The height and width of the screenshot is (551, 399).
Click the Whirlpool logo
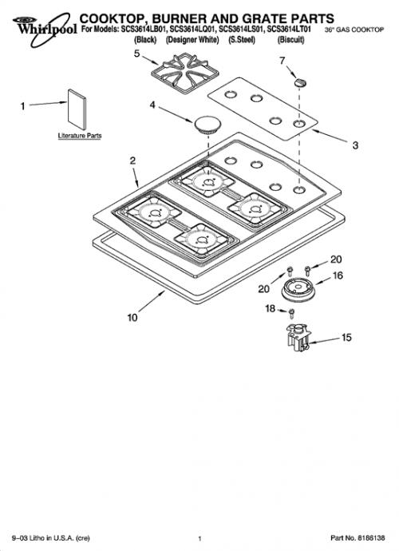44,29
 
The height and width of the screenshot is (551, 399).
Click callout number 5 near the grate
137,54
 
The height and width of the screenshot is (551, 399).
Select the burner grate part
185,73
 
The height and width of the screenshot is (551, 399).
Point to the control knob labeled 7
299,82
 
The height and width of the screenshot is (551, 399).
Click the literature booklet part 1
77,109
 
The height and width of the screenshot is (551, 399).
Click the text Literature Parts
80,136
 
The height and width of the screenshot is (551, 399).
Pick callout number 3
355,145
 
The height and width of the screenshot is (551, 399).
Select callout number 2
132,161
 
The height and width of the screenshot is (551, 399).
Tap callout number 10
132,318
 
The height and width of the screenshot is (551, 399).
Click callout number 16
338,275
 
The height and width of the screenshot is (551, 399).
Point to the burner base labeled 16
299,290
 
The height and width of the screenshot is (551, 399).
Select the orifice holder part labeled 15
298,337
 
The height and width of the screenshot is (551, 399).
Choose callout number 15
346,338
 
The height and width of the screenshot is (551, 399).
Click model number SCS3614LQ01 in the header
192,30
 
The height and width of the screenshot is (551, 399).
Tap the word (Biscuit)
290,40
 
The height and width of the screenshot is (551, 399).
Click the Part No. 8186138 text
358,538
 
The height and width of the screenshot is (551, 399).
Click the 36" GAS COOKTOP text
354,30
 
